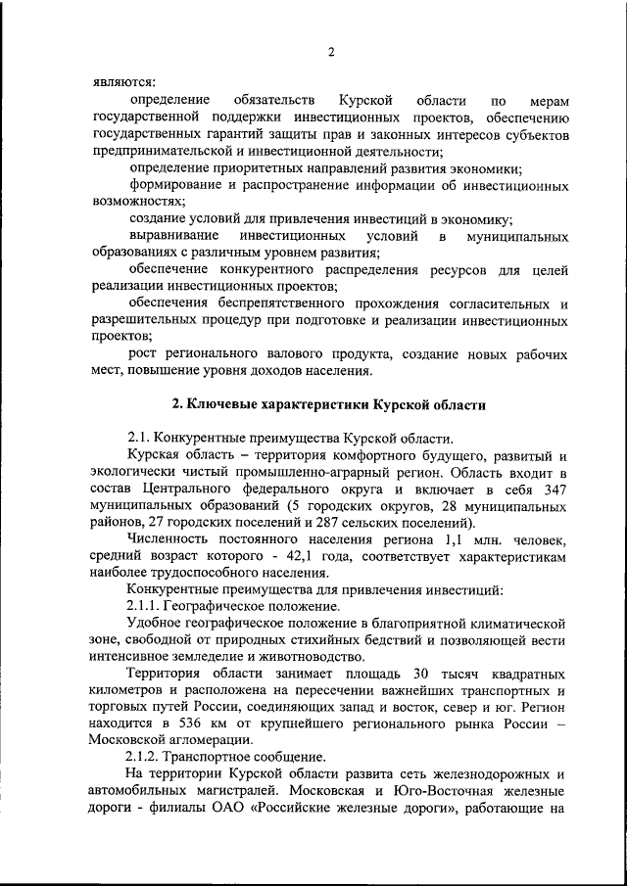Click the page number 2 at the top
coord(331,52)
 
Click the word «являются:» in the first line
coord(121,82)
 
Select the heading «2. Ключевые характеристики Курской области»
coord(328,404)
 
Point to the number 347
coord(555,488)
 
